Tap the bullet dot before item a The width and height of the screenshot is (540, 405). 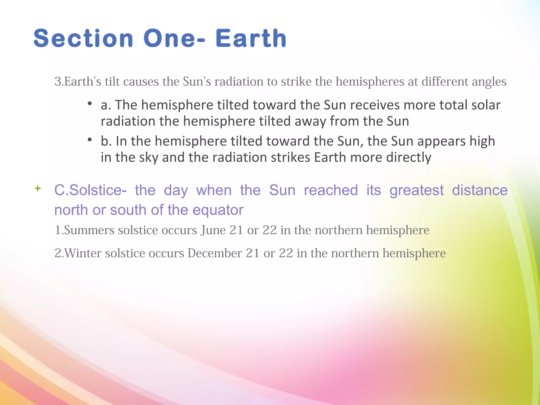point(90,103)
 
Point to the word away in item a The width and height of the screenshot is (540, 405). point(310,122)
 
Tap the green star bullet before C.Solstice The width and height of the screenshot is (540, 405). point(38,189)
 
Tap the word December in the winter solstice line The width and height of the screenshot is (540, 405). point(215,253)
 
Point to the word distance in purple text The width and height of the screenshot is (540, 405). point(480,190)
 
